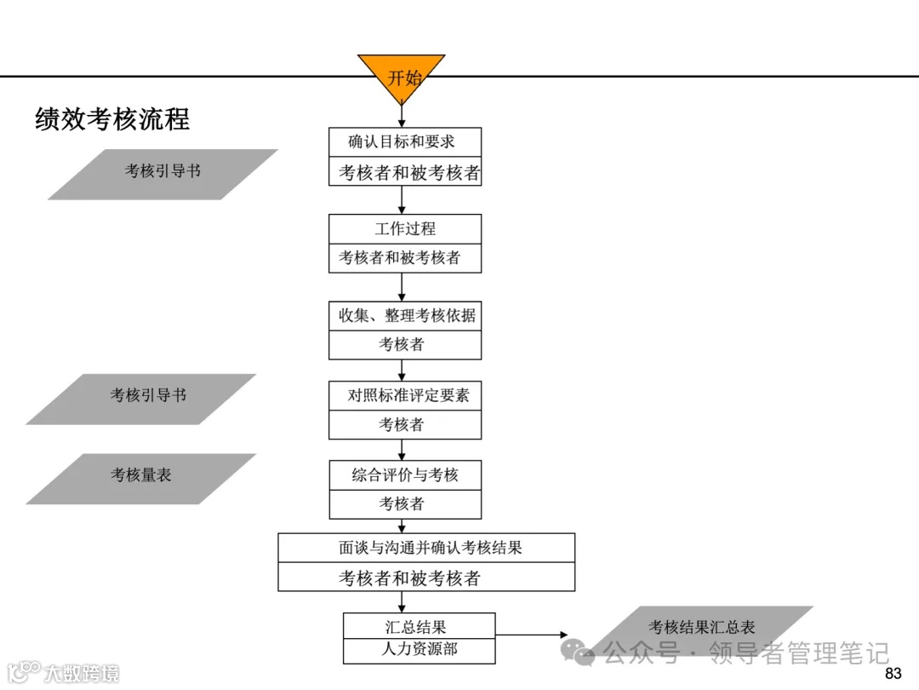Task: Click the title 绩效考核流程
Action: tap(112, 118)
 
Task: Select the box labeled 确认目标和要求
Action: tap(404, 142)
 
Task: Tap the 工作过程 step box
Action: tap(404, 228)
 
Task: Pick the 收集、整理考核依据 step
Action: tap(404, 315)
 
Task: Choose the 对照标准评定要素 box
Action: tap(405, 395)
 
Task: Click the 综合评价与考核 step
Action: tap(405, 475)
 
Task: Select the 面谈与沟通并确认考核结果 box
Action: tap(426, 548)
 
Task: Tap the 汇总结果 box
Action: tap(419, 626)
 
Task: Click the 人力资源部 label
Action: tap(419, 650)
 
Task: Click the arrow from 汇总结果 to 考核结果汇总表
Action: tap(533, 635)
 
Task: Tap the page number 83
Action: tap(893, 675)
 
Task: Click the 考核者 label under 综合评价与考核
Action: tap(405, 504)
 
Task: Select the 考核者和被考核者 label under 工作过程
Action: tap(404, 257)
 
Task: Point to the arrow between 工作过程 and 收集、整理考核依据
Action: tap(402, 287)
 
